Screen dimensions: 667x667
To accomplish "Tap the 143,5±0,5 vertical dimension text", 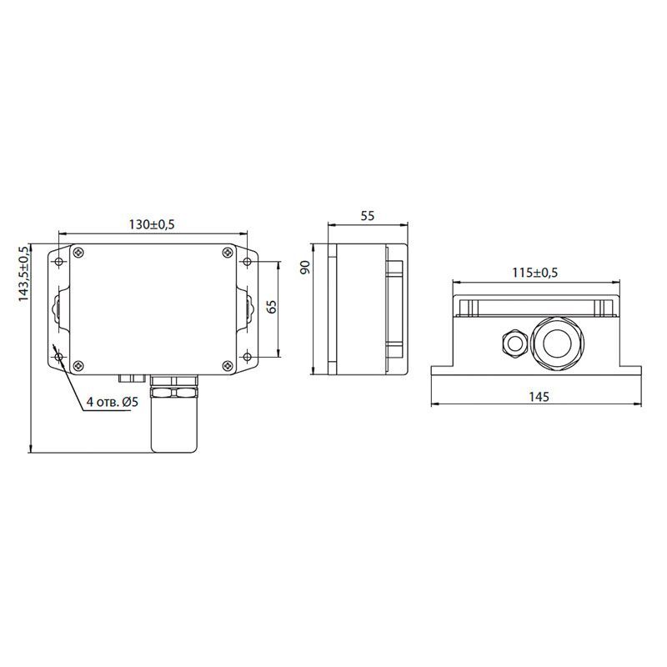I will [25, 275].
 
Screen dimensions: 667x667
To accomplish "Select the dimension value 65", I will [271, 306].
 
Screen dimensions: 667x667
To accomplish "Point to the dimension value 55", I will [367, 215].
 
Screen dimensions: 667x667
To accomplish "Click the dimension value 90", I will [305, 268].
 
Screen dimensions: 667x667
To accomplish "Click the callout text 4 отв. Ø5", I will [111, 402].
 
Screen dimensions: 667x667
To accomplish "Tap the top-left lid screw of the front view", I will [78, 251].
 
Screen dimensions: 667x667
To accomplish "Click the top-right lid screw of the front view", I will [228, 251].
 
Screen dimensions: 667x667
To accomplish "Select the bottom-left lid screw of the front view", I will [78, 364].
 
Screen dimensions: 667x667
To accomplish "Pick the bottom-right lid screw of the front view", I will [228, 364].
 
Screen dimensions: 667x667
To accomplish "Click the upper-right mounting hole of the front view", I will [248, 263].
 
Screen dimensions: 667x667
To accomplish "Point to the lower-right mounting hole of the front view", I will [248, 357].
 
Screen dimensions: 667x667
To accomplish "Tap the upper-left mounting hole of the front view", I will [59, 263].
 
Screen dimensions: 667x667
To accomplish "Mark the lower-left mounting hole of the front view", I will [59, 357].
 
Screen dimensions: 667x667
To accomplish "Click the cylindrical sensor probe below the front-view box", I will [173, 425].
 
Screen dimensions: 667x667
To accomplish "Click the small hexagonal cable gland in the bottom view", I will [512, 341].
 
